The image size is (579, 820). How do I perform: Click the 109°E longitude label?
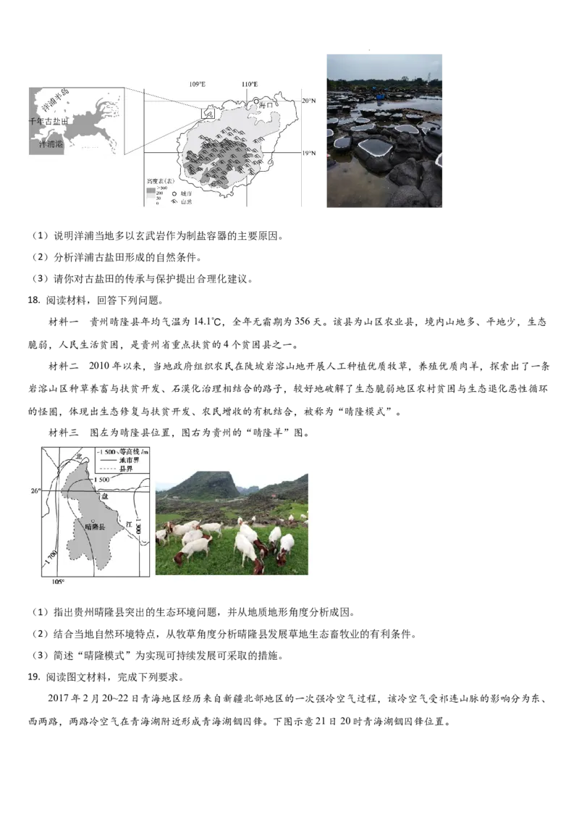pos(198,84)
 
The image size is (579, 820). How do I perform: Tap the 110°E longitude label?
pos(250,84)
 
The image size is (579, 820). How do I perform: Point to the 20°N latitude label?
pos(310,101)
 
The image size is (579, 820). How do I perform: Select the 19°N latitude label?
pos(310,153)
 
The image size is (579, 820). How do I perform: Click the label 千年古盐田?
pos(48,122)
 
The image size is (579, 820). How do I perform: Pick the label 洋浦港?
pos(51,144)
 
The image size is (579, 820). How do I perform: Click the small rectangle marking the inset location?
pos(208,113)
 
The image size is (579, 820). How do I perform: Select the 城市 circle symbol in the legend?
pos(174,194)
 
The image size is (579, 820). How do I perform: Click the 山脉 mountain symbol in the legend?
pos(174,201)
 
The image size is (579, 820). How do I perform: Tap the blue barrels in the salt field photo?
pos(381,96)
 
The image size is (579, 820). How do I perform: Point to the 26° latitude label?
pos(35,490)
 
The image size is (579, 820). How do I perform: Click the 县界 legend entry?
pos(119,468)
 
